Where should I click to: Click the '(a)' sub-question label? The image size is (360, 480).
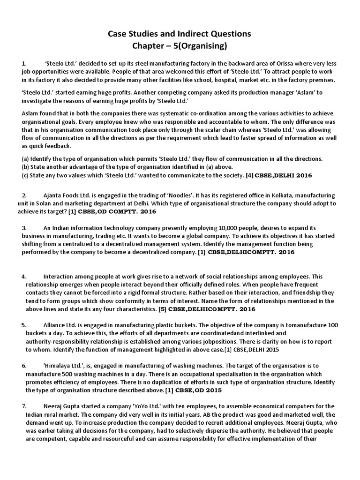coord(26,159)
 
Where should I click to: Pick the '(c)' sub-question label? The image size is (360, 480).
coord(26,175)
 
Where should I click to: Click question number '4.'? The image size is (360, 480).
coord(24,277)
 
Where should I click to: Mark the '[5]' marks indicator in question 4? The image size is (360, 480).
coord(165,309)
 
